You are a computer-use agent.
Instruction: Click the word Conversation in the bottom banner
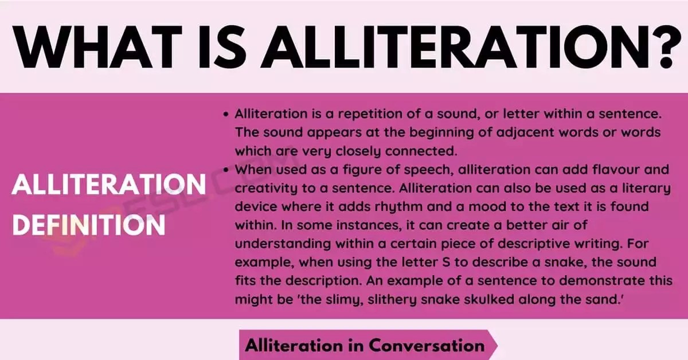[x=427, y=345]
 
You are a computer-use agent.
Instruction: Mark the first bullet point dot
[x=227, y=115]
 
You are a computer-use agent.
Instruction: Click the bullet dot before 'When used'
[x=227, y=170]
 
